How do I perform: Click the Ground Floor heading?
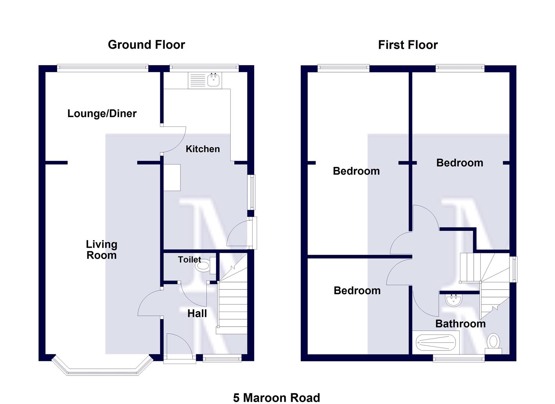tap(146, 45)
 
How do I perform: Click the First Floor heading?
tap(408, 45)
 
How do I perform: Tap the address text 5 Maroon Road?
tap(277, 397)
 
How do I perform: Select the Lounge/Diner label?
tap(102, 114)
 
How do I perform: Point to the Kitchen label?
tap(203, 149)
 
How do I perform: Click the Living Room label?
tap(102, 250)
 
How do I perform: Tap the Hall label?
tap(197, 313)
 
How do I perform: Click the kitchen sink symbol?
tap(214, 80)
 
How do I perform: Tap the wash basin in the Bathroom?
tap(454, 300)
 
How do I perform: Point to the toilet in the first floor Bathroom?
tap(494, 342)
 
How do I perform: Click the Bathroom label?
tap(460, 324)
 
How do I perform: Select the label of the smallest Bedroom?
tap(357, 291)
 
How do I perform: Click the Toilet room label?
tap(189, 260)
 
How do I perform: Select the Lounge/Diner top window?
tap(102, 67)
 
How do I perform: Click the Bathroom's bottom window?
tap(459, 359)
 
